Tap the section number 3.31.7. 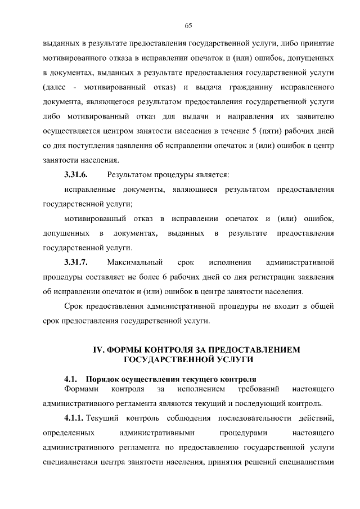[x=76, y=262]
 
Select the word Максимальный [x=135, y=262]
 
